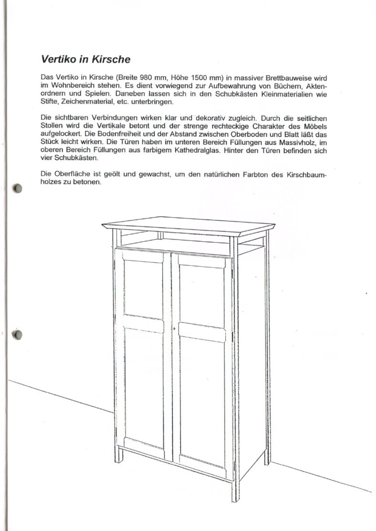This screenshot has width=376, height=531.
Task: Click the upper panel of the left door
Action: [143, 290]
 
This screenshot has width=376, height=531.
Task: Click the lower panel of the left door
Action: [143, 387]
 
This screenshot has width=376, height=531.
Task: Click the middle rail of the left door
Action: [143, 324]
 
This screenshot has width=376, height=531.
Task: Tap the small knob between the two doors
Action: [174, 328]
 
